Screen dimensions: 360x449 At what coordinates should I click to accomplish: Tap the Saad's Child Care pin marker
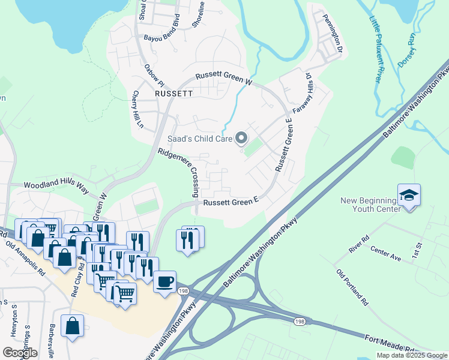pos(241,139)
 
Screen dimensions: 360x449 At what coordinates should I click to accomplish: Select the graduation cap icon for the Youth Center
pos(409,196)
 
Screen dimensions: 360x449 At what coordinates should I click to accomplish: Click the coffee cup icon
pos(164,281)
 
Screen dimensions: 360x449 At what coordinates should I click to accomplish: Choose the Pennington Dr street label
pos(332,33)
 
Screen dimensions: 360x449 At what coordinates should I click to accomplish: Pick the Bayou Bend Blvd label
pos(161,37)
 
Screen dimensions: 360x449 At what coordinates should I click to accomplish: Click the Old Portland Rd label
pos(352,288)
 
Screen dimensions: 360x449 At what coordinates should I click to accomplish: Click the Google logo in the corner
pos(20,352)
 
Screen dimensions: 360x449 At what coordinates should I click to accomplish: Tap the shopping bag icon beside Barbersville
pos(72,326)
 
